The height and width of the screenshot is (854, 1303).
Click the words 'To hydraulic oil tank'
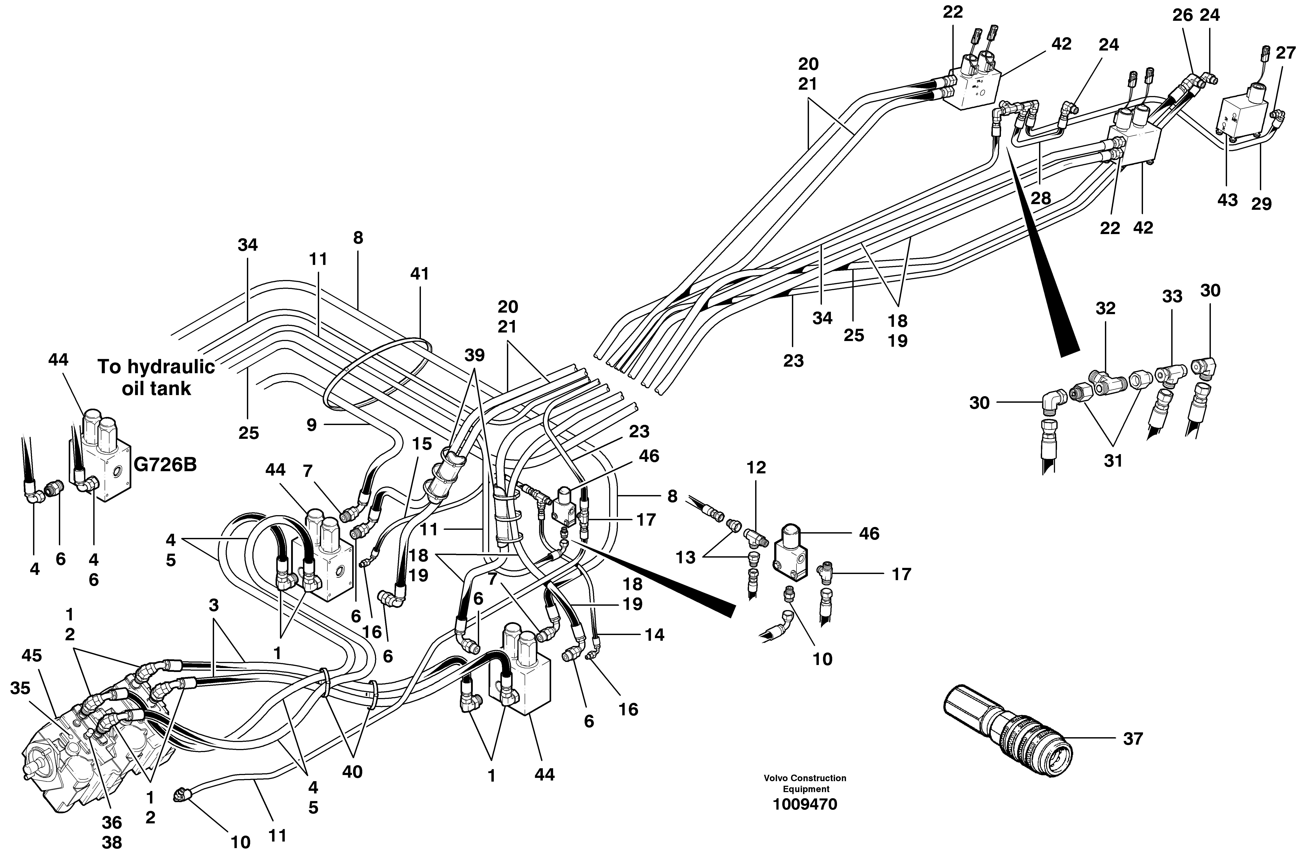pyautogui.click(x=156, y=378)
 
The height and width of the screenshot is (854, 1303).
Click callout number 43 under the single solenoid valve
pyautogui.click(x=1227, y=200)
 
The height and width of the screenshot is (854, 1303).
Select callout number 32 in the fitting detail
pyautogui.click(x=1105, y=309)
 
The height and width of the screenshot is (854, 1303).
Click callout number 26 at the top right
pyautogui.click(x=1183, y=15)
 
